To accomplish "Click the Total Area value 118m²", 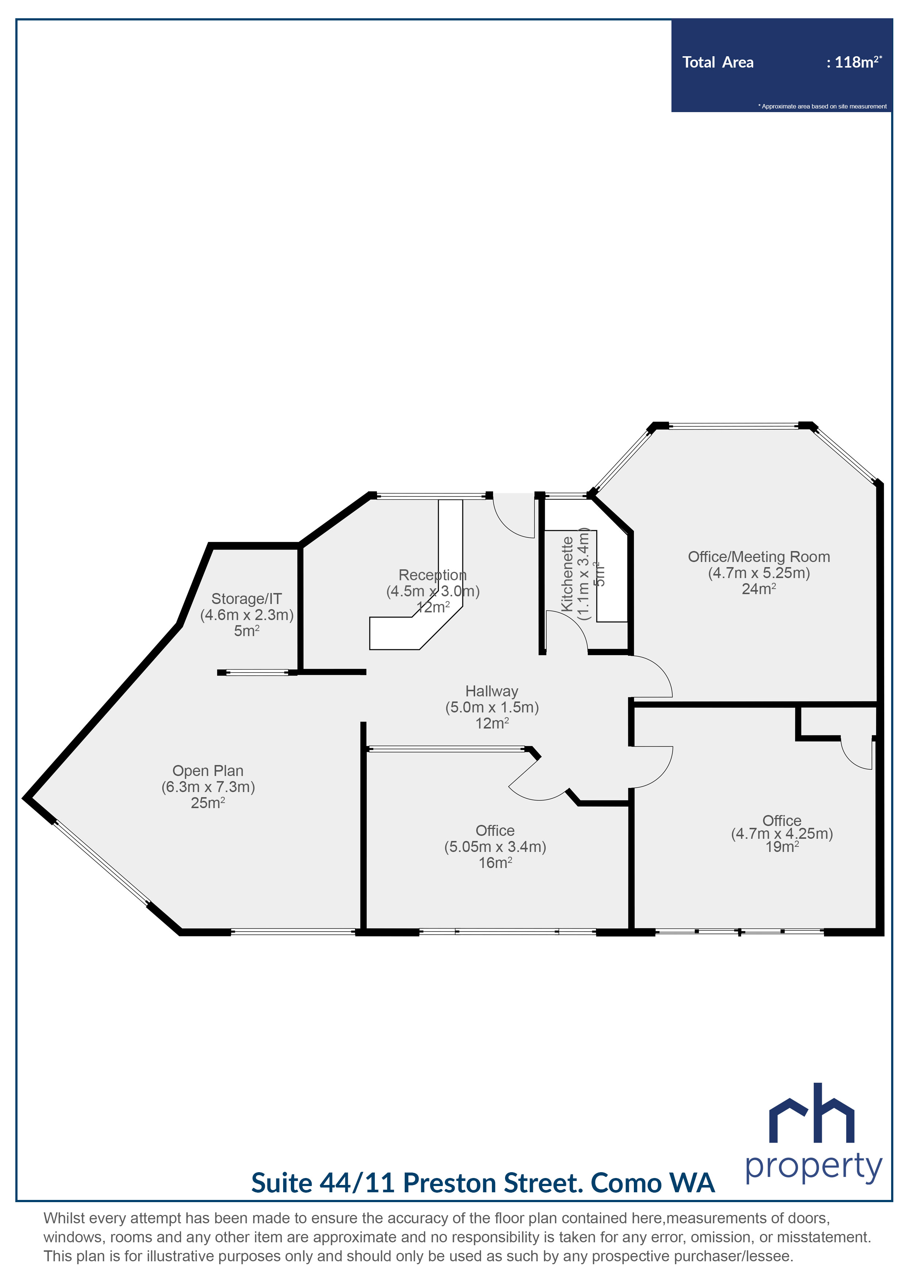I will click(x=853, y=62).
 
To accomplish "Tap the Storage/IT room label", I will click(x=246, y=599).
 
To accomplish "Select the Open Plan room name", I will click(x=208, y=770).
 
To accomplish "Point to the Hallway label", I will click(x=492, y=691).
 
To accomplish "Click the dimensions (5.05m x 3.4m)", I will click(x=495, y=846).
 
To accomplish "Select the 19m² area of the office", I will click(x=782, y=846).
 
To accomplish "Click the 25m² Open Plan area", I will click(x=208, y=803).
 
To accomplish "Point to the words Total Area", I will click(x=718, y=62).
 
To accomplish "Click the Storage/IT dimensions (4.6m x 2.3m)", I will click(x=246, y=615).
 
